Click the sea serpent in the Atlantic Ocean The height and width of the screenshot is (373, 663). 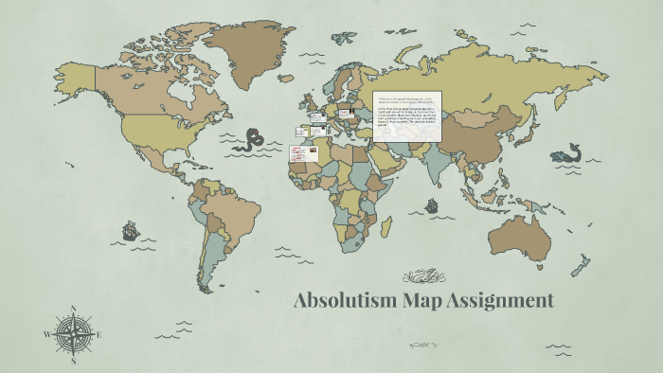[251, 142]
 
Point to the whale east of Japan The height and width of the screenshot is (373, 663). [569, 152]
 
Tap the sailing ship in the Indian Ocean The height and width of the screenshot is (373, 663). [432, 204]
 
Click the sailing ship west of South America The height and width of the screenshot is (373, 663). [130, 230]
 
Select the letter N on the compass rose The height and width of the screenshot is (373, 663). [74, 309]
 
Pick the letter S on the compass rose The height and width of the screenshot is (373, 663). [74, 361]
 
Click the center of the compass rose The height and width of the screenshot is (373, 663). [74, 334]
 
